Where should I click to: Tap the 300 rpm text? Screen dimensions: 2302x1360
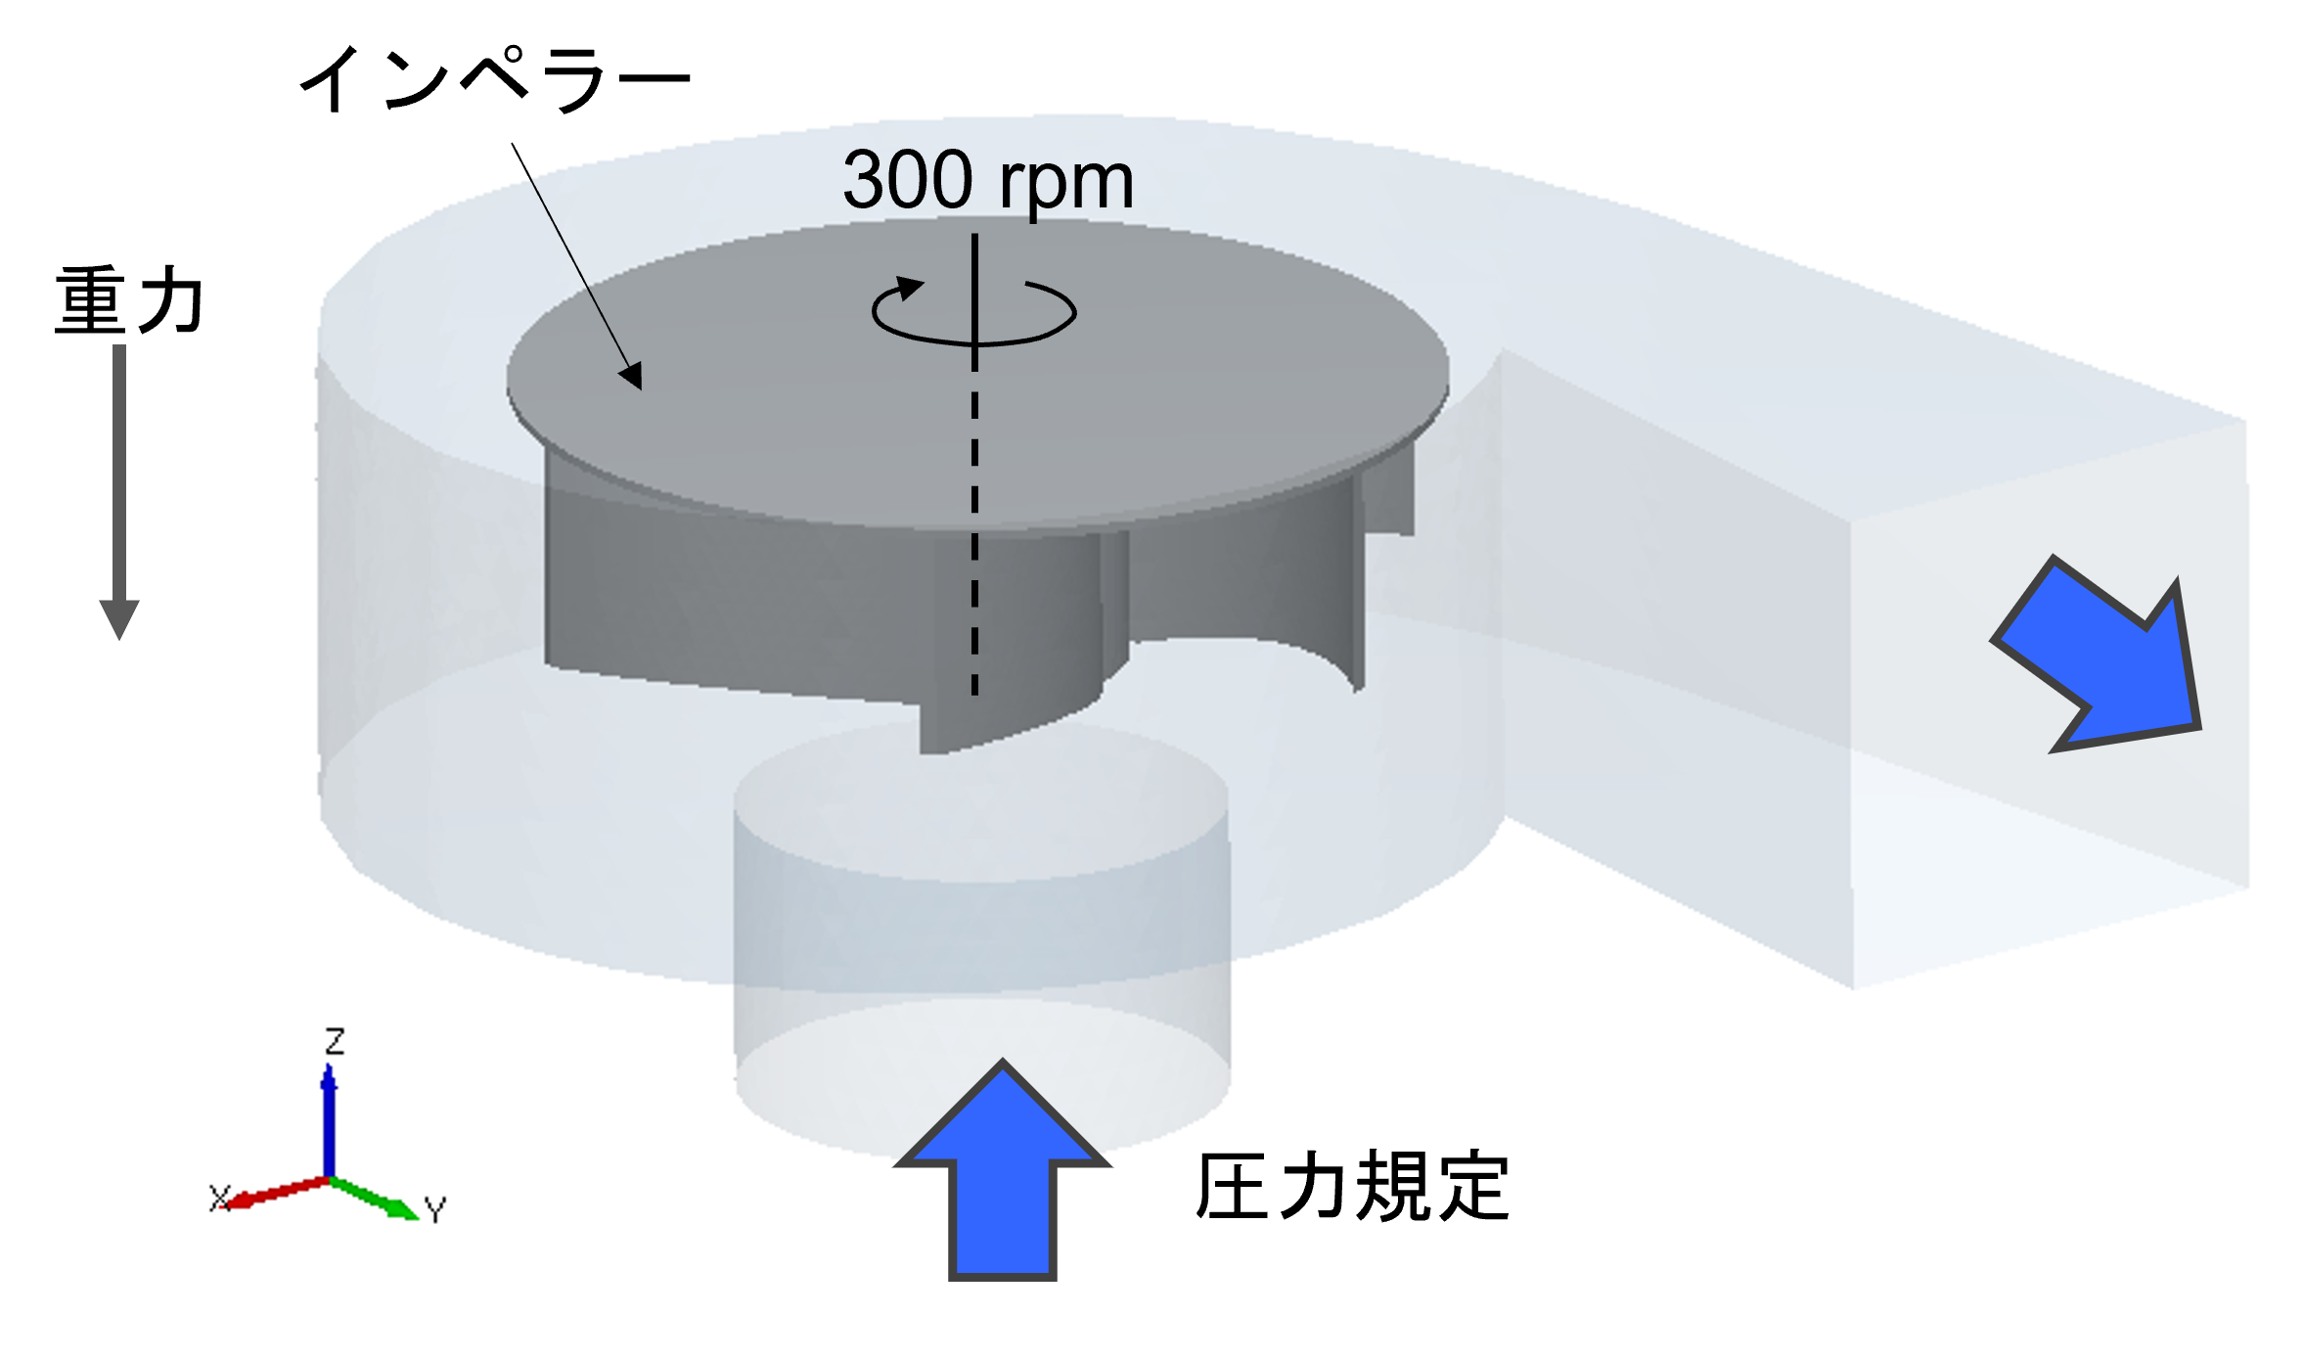[988, 182]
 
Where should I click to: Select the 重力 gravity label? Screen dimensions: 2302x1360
[129, 300]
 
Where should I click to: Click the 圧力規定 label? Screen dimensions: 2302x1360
[1352, 1186]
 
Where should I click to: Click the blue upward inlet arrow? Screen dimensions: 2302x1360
[1002, 1170]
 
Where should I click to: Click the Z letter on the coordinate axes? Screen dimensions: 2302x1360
[335, 1041]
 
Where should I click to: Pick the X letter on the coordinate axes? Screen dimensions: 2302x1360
[219, 1198]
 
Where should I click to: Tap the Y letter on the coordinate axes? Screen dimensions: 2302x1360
[435, 1210]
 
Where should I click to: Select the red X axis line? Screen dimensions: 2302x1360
[278, 1193]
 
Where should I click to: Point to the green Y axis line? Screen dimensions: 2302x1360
[375, 1199]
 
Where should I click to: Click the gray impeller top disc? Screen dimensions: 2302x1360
[977, 377]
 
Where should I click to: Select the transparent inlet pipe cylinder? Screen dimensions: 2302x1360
[982, 939]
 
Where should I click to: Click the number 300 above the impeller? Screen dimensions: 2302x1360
[908, 180]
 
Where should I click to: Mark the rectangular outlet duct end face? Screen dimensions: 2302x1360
[2050, 704]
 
